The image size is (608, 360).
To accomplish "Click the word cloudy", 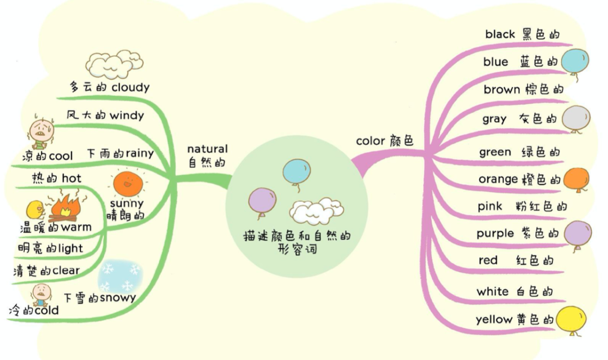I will click(x=130, y=87).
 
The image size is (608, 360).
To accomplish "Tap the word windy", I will click(x=127, y=115).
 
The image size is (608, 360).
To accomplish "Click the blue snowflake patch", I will click(x=120, y=276).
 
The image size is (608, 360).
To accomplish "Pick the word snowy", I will click(x=118, y=298).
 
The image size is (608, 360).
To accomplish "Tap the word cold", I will click(x=46, y=310).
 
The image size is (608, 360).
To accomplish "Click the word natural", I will click(x=207, y=149).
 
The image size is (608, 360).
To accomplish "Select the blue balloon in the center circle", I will click(x=296, y=171).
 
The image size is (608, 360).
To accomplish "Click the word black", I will click(x=500, y=34).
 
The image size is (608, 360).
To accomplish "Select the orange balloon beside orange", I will click(x=575, y=179).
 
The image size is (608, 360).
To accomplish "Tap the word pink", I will click(x=490, y=206).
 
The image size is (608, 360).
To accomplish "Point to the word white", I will click(x=493, y=292).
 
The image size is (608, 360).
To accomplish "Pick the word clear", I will click(x=66, y=271).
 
